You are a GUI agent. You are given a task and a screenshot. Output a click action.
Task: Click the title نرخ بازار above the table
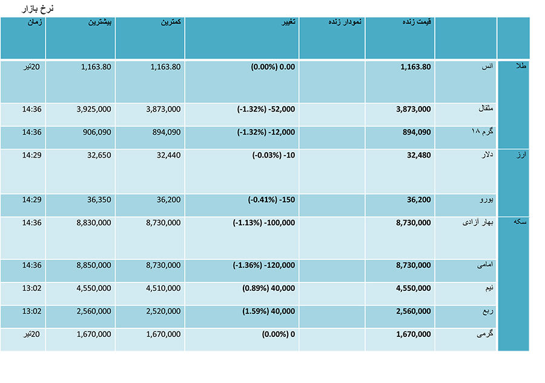(x=38, y=8)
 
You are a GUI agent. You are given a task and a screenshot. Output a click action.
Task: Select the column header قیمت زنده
(x=417, y=22)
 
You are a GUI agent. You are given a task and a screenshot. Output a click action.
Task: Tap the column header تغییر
(x=288, y=22)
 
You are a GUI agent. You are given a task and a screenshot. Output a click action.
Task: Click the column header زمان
(x=35, y=22)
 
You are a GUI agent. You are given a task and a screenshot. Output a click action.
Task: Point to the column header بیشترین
(x=99, y=22)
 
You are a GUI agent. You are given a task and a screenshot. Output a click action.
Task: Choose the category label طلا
(x=520, y=65)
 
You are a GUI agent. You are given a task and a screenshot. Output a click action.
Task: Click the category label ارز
(x=521, y=155)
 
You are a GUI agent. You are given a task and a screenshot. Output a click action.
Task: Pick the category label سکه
(x=520, y=222)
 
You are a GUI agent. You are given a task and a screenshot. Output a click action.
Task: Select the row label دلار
(x=487, y=155)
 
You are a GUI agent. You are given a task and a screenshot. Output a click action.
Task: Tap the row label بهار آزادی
(x=478, y=222)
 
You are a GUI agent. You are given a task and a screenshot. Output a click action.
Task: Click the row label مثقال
(x=486, y=108)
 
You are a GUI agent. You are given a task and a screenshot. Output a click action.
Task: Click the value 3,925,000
(x=94, y=109)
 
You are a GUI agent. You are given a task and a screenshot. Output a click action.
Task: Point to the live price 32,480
(x=419, y=155)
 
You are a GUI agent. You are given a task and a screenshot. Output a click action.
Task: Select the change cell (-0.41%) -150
(x=271, y=199)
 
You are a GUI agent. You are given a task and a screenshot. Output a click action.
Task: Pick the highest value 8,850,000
(x=94, y=265)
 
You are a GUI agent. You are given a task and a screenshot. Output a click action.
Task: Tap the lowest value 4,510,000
(x=163, y=288)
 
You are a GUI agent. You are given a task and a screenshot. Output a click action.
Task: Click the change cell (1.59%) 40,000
(x=269, y=311)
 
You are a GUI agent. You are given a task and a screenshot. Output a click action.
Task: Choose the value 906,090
(x=97, y=132)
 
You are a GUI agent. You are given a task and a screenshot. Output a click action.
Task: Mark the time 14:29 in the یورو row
(x=31, y=199)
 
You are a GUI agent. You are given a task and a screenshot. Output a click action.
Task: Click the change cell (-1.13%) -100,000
(x=264, y=222)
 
